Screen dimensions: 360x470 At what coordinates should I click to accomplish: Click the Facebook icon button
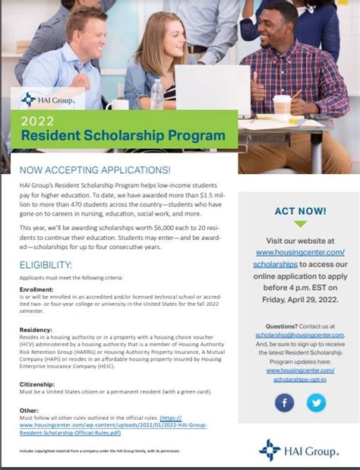point(284,402)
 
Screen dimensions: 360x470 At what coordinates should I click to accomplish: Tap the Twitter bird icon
point(316,402)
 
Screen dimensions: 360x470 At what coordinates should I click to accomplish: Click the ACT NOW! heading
point(301,210)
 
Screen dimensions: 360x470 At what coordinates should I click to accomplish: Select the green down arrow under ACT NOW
point(301,225)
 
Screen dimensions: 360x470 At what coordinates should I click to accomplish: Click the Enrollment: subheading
point(37,289)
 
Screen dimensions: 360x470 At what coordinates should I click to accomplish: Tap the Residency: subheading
point(35,330)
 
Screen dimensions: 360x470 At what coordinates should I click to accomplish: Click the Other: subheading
point(28,411)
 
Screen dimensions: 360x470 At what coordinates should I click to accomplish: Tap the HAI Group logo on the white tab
point(48,99)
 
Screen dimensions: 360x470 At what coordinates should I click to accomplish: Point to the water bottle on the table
point(156,94)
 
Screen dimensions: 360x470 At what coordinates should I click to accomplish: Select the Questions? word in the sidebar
point(281,326)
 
